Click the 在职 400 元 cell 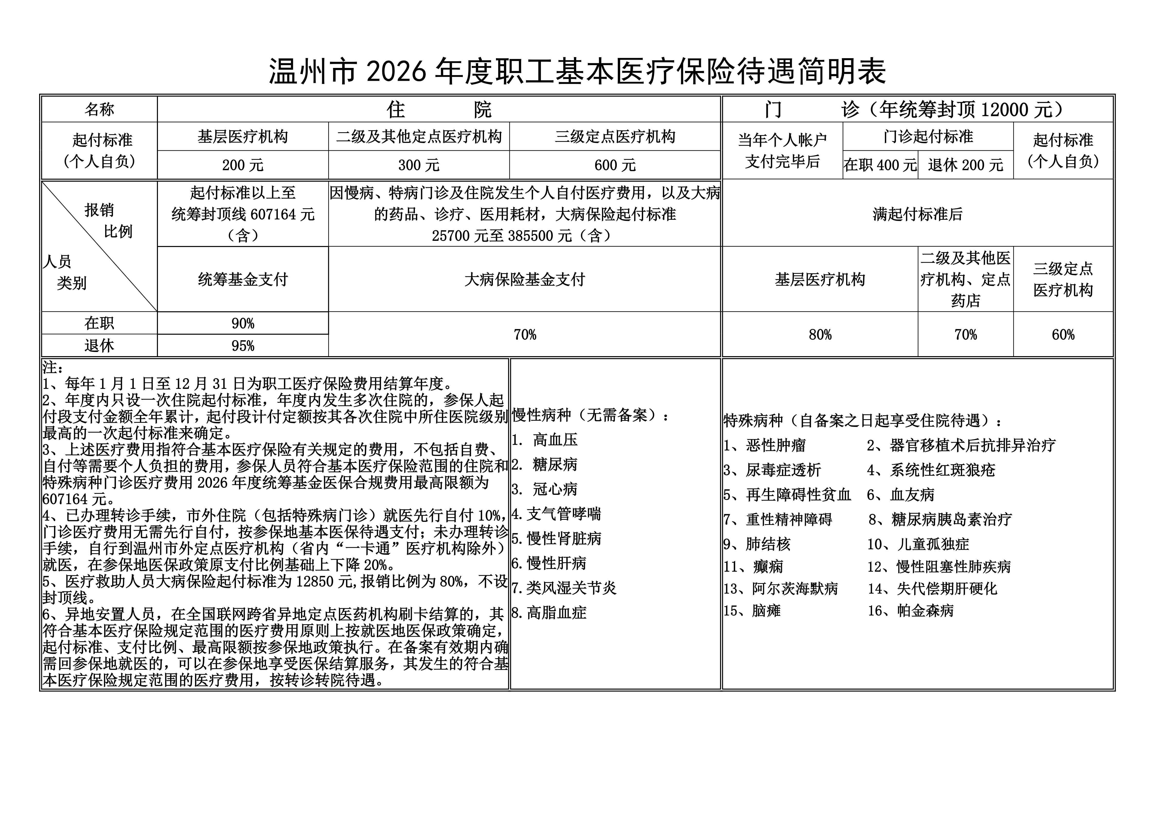pos(880,165)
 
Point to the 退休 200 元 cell pos(965,165)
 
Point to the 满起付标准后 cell pos(918,214)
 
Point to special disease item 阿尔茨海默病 pos(795,588)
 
